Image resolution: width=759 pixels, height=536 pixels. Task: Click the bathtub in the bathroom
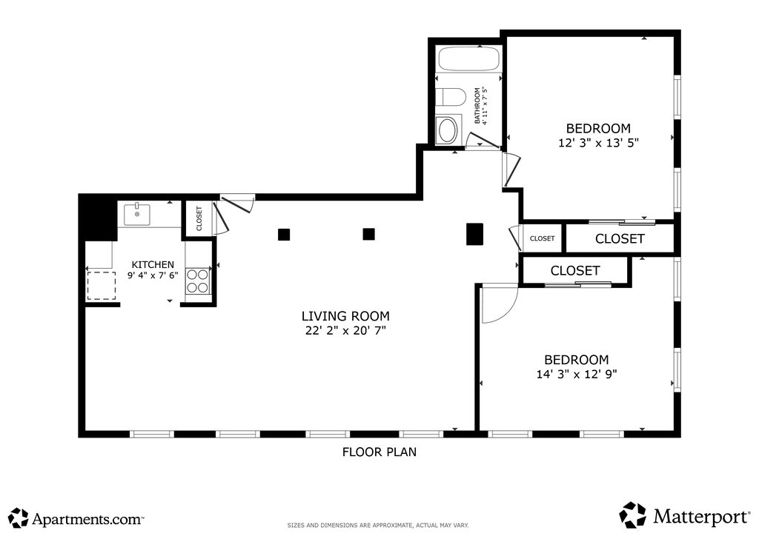click(x=468, y=59)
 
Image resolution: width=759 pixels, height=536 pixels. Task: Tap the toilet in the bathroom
click(x=450, y=97)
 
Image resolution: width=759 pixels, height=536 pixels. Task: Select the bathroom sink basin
click(x=447, y=130)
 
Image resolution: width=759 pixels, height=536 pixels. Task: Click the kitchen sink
click(x=137, y=215)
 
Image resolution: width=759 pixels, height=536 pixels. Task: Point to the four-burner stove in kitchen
click(x=197, y=281)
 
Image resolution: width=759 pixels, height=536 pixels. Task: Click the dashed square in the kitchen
click(x=101, y=286)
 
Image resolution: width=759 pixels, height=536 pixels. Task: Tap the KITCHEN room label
click(x=153, y=264)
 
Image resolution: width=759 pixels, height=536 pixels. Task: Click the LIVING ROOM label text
click(x=345, y=316)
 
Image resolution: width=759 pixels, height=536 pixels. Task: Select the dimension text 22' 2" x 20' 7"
click(x=345, y=331)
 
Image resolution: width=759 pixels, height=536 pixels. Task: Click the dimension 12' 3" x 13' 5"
click(x=599, y=143)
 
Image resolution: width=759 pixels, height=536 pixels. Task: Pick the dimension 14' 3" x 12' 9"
click(x=577, y=374)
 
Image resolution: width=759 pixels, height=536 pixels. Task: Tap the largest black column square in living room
click(x=474, y=234)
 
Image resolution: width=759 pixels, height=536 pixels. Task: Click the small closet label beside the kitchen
click(x=199, y=218)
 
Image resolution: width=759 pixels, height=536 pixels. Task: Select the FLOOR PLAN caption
click(x=379, y=452)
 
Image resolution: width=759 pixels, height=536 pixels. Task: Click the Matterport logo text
click(x=701, y=516)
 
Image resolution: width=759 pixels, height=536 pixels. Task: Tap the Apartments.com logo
click(x=76, y=518)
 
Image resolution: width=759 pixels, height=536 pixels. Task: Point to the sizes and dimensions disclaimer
click(x=378, y=526)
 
